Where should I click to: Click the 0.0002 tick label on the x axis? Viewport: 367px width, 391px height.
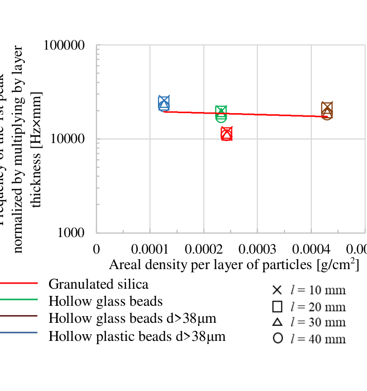(x=204, y=249)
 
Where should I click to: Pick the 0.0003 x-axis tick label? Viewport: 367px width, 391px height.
(x=257, y=249)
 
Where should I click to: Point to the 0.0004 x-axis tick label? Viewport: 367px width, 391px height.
(x=311, y=249)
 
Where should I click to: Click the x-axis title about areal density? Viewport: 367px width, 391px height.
(x=234, y=264)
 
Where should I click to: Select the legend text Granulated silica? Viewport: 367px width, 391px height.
(x=98, y=284)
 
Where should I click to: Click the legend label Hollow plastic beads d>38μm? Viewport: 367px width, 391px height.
(x=137, y=337)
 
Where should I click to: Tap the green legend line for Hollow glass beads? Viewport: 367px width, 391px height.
(x=19, y=300)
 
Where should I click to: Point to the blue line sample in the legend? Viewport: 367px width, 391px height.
(x=19, y=332)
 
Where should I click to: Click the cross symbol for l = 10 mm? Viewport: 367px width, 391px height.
(x=277, y=290)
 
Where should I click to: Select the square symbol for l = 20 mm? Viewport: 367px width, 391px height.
(x=277, y=306)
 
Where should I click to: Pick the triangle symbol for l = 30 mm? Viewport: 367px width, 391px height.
(x=277, y=322)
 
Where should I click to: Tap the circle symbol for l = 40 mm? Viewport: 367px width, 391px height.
(x=278, y=339)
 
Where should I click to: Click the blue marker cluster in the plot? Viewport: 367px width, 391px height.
(x=164, y=103)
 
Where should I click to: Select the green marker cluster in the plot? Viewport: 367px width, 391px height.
(x=221, y=113)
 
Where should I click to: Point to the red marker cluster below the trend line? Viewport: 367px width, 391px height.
(x=227, y=134)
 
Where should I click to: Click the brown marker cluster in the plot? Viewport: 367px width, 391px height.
(x=327, y=110)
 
